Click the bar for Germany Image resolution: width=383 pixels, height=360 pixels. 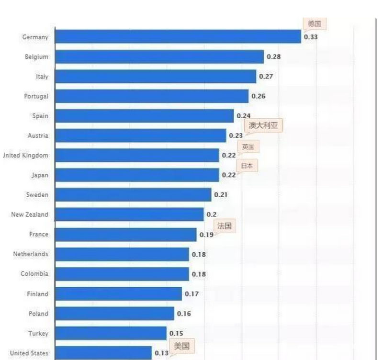point(178,37)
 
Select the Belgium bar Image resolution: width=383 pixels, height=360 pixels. point(159,56)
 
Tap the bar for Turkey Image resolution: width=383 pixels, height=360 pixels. point(111,333)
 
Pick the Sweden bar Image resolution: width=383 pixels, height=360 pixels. point(133,195)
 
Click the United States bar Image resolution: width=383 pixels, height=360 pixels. point(103,353)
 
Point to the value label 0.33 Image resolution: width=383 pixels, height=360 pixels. point(311,37)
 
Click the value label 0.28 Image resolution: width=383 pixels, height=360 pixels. point(274,56)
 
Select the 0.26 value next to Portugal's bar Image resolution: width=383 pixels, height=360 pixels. point(259,96)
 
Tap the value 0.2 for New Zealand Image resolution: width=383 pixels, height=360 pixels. point(211,214)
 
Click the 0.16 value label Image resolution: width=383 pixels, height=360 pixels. point(184,314)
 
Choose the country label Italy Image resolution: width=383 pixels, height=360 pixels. point(42,77)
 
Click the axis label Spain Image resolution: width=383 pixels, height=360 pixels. point(40,116)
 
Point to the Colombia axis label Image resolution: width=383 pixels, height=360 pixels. point(34,274)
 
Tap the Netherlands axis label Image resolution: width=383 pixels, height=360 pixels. point(31,254)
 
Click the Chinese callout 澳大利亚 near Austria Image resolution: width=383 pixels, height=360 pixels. point(263,126)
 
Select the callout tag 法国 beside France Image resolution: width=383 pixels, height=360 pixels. point(224,226)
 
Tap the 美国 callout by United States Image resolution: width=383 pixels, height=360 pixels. point(181,346)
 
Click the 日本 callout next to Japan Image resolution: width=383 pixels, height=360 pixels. point(247,166)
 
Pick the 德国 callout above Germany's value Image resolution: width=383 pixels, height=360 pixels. point(314,23)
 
